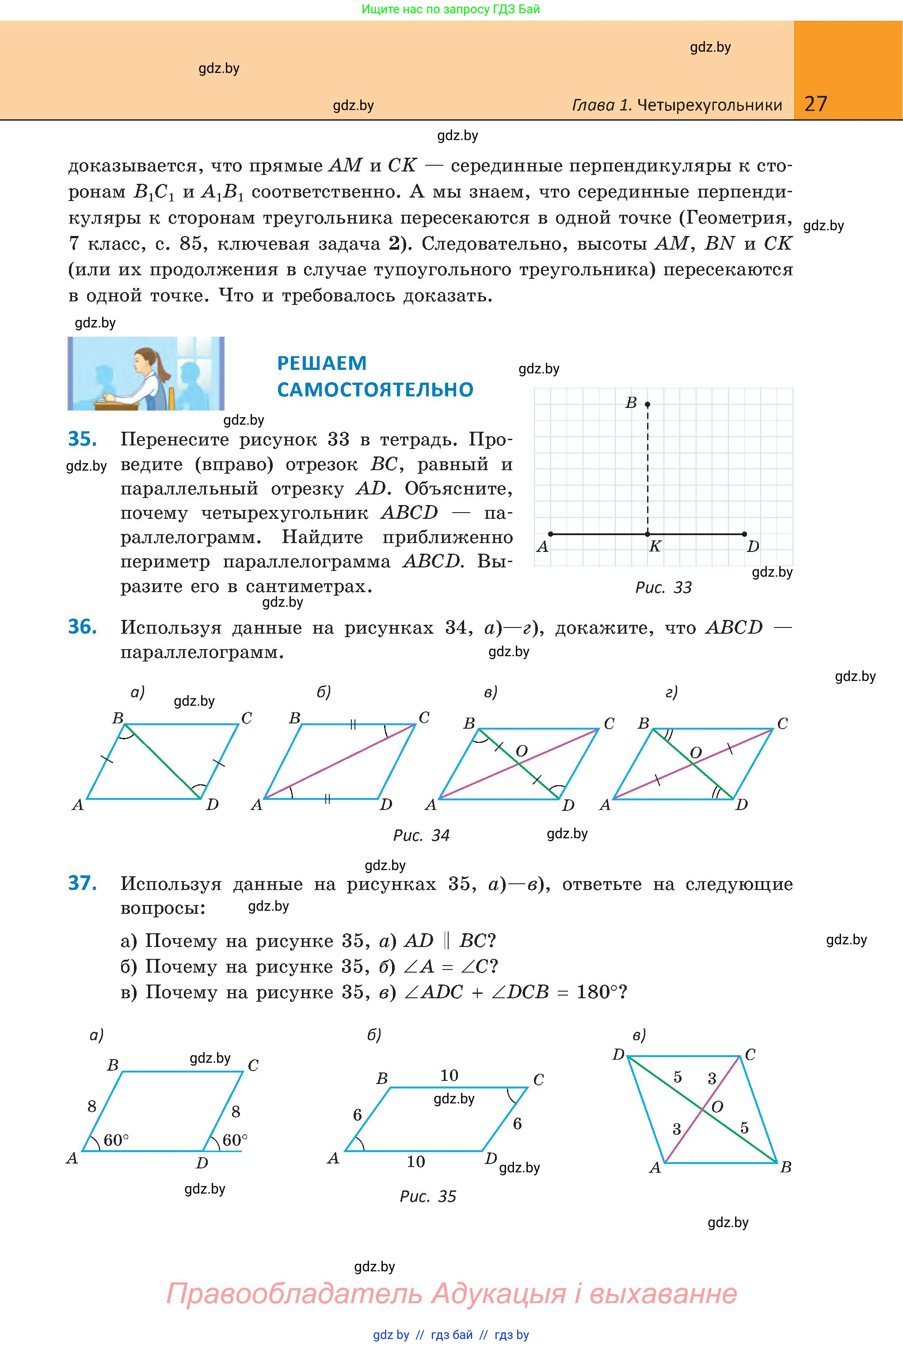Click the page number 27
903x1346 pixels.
(815, 104)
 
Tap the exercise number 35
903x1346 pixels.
(82, 439)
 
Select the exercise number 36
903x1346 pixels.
(82, 627)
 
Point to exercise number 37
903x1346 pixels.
(82, 883)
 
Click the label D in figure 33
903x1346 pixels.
(753, 546)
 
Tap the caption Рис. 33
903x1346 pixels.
(663, 588)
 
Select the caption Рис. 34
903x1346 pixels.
(421, 835)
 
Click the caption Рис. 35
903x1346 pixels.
(428, 1197)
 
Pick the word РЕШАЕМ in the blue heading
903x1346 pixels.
(322, 363)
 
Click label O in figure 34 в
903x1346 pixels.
(522, 751)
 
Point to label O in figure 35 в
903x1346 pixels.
(717, 1106)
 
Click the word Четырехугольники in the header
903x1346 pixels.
(710, 105)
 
